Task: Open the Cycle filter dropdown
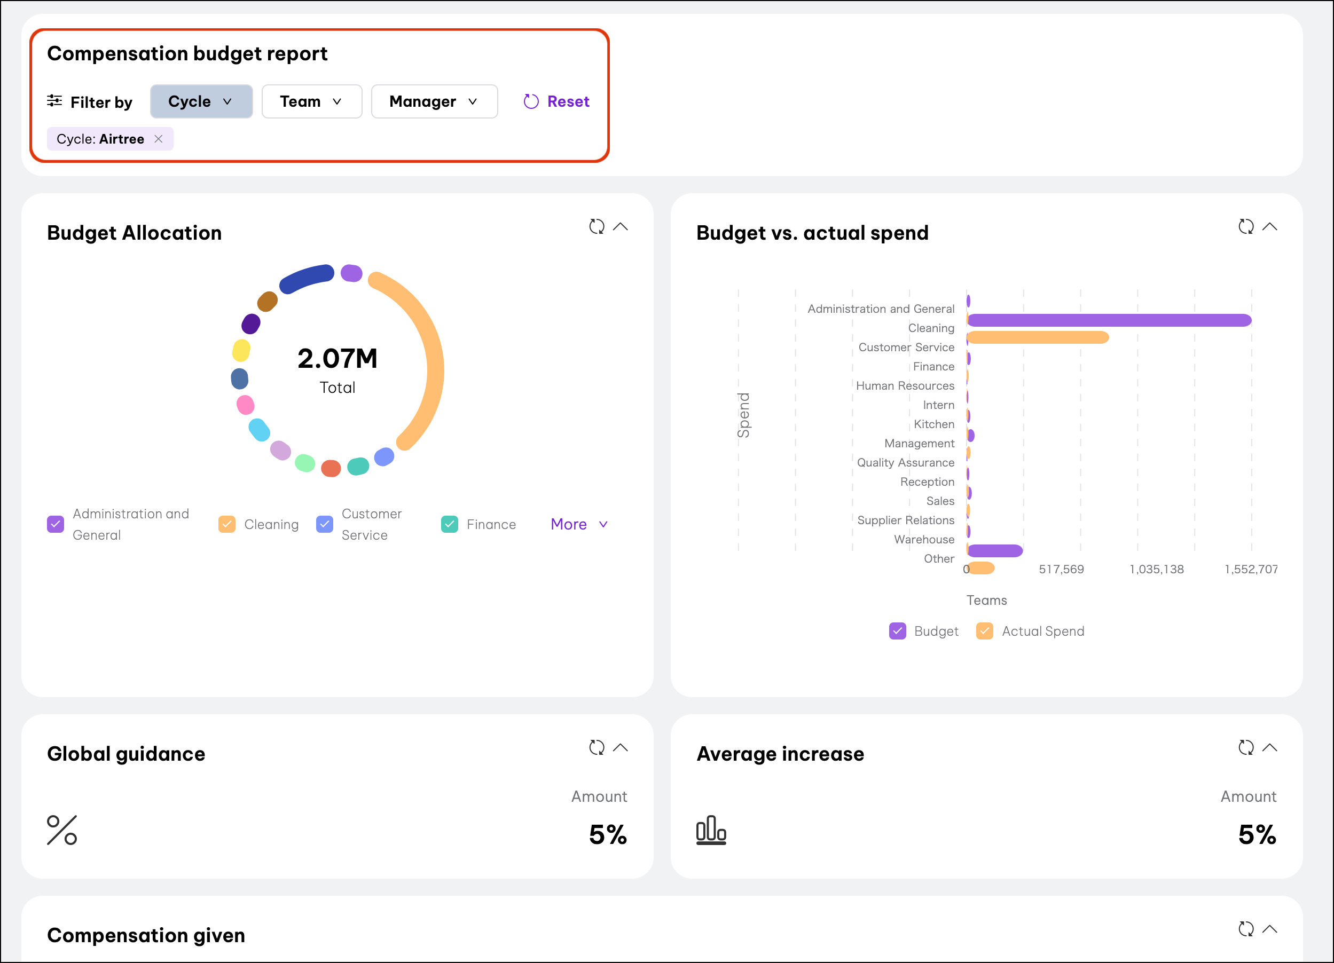[x=201, y=102]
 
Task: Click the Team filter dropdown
[x=311, y=102]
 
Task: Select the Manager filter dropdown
[x=434, y=102]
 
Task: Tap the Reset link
[x=556, y=102]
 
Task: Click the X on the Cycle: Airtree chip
[x=158, y=139]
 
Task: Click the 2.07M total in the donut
[x=337, y=359]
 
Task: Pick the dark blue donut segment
[x=306, y=278]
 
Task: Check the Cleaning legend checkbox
[x=226, y=524]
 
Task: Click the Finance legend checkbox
[x=449, y=524]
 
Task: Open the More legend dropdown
[x=579, y=524]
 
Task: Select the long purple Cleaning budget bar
[x=1109, y=320]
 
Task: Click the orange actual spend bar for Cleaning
[x=1038, y=337]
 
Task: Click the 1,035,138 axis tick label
[x=1156, y=569]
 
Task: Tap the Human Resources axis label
[x=905, y=385]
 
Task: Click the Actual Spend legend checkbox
[x=985, y=631]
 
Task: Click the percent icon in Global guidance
[x=62, y=830]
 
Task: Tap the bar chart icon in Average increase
[x=711, y=830]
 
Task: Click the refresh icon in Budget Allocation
[x=597, y=226]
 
